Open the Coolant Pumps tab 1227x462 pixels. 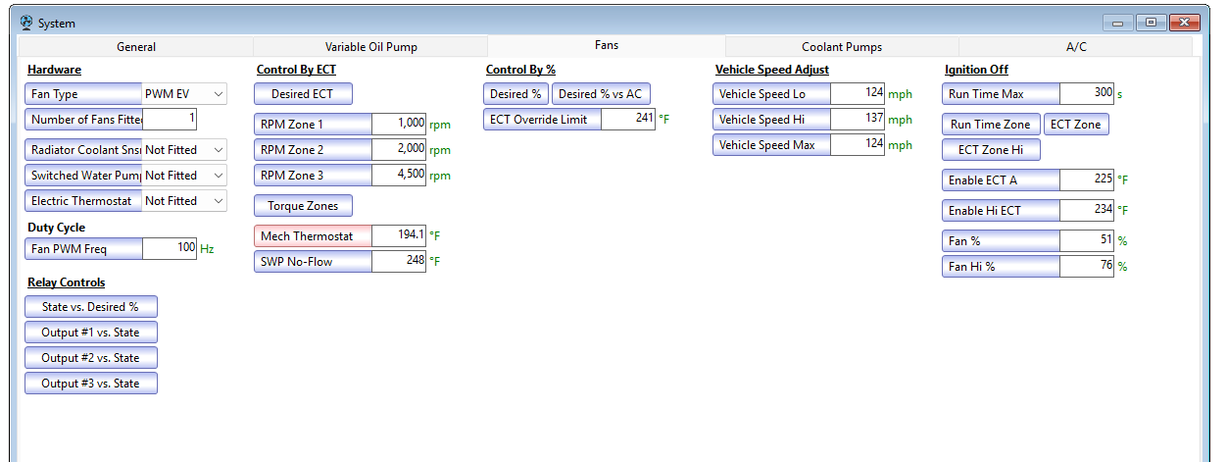(842, 47)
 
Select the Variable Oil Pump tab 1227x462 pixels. (370, 47)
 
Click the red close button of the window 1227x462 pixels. (1184, 23)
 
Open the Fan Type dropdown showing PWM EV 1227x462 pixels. (184, 94)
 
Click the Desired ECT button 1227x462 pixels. (303, 94)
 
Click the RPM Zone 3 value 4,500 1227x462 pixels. (399, 175)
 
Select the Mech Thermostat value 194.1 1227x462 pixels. (399, 235)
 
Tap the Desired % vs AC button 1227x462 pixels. (601, 94)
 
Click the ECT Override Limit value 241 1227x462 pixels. (628, 119)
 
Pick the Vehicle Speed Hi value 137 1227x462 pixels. (858, 119)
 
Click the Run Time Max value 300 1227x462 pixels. (1087, 94)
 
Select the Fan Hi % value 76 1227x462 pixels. (1087, 267)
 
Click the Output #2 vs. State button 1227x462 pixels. (91, 358)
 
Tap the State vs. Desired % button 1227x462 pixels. (91, 307)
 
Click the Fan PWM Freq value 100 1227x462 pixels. (170, 248)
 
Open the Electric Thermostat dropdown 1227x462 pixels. (184, 201)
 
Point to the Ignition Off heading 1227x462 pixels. (976, 70)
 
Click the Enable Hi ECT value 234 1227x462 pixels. (1087, 210)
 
